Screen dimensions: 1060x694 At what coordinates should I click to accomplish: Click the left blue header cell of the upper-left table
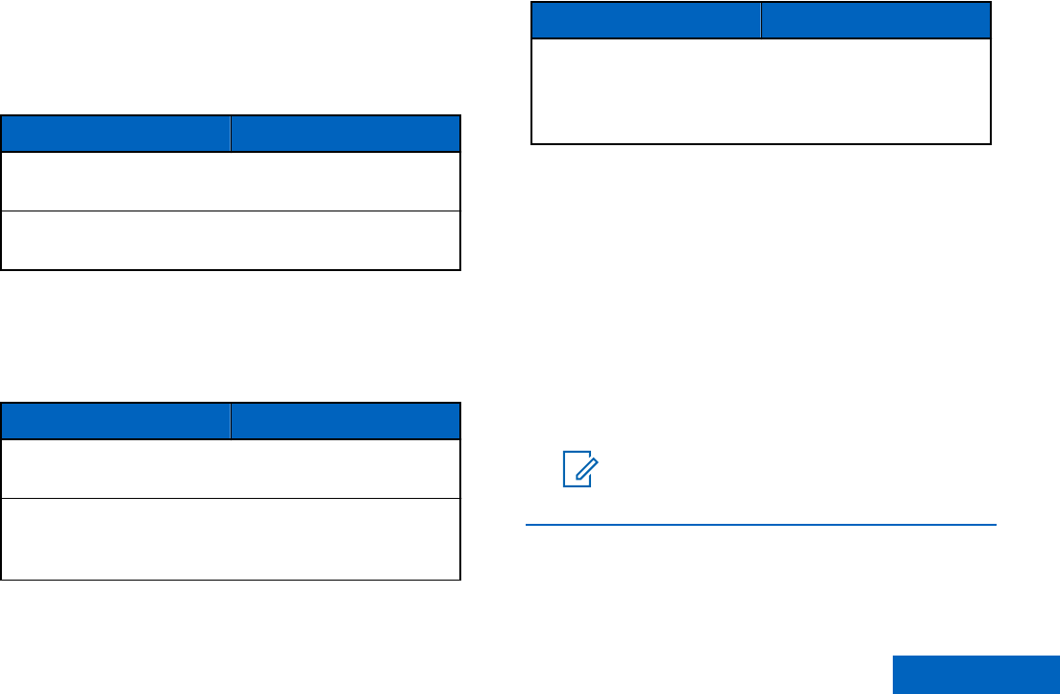click(115, 134)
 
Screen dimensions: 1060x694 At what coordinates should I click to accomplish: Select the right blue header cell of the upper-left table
click(346, 134)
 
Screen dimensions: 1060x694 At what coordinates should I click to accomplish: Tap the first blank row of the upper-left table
click(231, 181)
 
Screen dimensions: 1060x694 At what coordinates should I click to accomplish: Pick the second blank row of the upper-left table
click(231, 240)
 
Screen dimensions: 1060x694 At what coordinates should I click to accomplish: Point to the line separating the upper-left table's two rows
click(231, 211)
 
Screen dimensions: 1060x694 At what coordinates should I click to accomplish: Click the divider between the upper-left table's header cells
click(231, 134)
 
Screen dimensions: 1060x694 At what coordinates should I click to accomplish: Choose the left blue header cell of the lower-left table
click(115, 421)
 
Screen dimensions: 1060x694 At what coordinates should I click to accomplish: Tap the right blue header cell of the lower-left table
click(344, 421)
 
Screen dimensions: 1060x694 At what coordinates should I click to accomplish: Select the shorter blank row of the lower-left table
click(231, 469)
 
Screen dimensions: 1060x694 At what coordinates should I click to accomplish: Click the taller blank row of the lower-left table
click(231, 538)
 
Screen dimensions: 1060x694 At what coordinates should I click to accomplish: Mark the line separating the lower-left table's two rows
click(231, 498)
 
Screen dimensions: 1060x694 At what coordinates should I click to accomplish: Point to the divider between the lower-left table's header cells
click(231, 421)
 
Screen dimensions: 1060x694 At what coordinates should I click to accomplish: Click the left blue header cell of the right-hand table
click(647, 19)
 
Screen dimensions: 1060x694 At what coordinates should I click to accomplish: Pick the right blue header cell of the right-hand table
click(876, 19)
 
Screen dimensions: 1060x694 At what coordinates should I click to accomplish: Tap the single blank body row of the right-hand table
click(761, 91)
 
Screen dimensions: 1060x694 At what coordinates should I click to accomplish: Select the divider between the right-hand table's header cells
click(762, 19)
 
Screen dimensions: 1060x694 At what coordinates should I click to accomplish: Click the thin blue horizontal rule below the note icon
click(761, 525)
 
